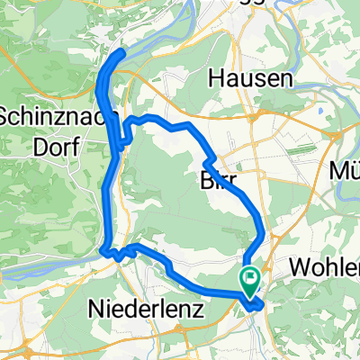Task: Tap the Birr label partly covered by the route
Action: pyautogui.click(x=216, y=180)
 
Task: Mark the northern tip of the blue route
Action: pyautogui.click(x=121, y=53)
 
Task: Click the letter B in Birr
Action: pyautogui.click(x=203, y=180)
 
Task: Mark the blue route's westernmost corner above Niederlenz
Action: pyautogui.click(x=103, y=249)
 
